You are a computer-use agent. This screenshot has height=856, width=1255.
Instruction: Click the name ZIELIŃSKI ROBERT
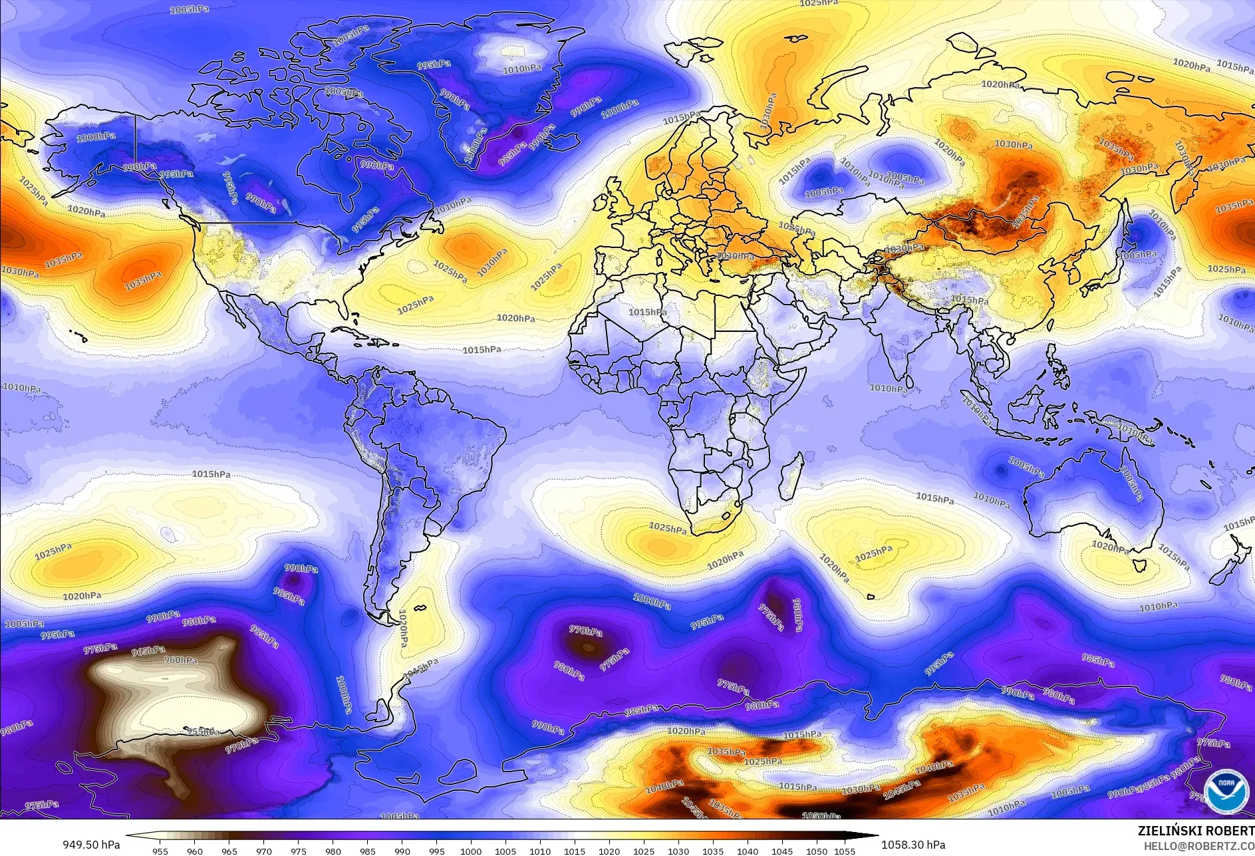(1196, 831)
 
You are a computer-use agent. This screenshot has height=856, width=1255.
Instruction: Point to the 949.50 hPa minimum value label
(92, 845)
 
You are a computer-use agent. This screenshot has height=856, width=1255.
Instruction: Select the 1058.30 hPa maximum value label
(912, 845)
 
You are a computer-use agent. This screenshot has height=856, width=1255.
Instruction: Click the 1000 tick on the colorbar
(471, 851)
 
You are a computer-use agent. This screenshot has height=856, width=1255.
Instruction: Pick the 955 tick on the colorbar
(160, 851)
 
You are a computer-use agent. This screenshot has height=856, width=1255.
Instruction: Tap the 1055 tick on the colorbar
(845, 851)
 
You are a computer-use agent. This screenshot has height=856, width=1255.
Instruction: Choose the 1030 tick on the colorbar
(678, 851)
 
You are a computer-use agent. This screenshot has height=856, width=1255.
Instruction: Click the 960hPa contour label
(180, 660)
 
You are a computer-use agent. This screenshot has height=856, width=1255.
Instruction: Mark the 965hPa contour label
(148, 650)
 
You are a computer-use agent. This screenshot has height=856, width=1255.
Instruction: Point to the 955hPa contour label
(202, 732)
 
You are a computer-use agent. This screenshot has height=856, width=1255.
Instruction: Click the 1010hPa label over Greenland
(522, 69)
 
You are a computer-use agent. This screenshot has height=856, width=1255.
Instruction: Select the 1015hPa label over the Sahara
(647, 312)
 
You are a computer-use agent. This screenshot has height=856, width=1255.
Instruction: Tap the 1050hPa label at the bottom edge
(821, 815)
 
